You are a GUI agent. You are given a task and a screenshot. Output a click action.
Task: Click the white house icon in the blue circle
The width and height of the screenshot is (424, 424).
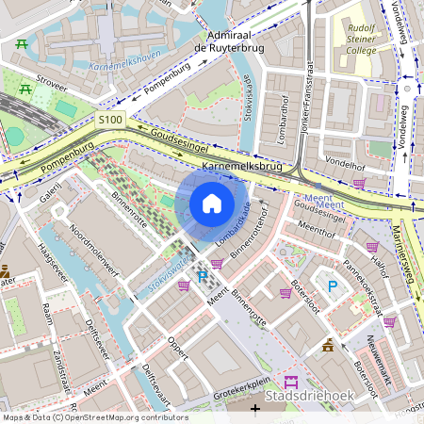[x=212, y=203]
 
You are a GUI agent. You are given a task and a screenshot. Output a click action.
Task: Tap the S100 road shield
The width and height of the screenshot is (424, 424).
[x=109, y=120]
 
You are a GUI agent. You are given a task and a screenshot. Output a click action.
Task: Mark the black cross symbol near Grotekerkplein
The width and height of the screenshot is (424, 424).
[x=255, y=408]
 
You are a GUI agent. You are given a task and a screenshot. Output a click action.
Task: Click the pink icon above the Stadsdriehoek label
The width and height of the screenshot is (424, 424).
[x=290, y=382]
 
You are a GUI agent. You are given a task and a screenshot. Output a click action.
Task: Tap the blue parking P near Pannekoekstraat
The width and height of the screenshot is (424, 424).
[x=331, y=285]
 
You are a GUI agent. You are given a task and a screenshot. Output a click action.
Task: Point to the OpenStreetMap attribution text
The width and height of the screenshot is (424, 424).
[x=94, y=417]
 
